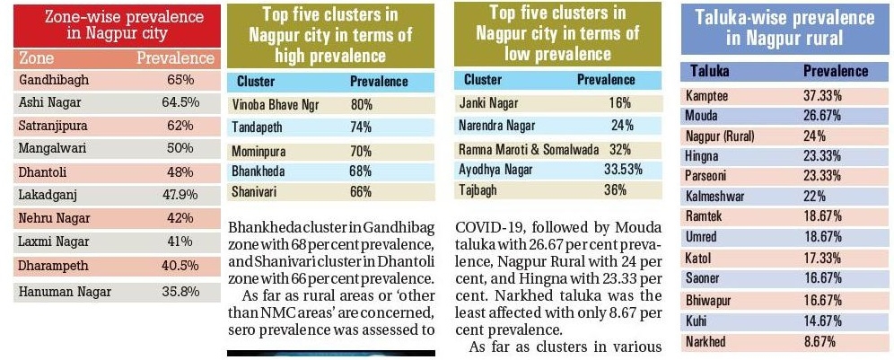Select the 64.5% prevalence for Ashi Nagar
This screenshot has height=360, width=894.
180,102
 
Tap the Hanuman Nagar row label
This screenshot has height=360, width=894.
58,290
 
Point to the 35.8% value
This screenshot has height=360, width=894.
180,290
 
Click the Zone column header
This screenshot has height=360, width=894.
36,58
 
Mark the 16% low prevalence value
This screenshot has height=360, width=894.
620,103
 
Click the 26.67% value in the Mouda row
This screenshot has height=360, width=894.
822,116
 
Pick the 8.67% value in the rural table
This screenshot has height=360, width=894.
819,341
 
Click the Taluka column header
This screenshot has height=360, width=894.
709,72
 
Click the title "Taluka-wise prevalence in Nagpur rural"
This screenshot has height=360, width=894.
784,29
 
